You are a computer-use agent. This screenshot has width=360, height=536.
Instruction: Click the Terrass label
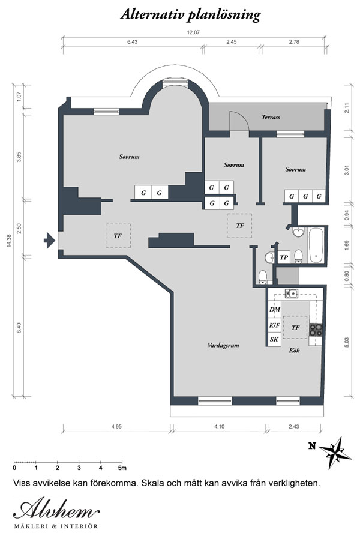271,117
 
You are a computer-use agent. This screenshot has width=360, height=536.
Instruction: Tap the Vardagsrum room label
223,345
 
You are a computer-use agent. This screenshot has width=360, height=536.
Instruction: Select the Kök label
294,351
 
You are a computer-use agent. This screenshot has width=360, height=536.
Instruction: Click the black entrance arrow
49,240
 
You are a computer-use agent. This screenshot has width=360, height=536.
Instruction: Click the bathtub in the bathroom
316,245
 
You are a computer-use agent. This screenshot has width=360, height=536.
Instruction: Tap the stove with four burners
316,330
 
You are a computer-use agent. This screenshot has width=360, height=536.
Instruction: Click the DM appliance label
275,309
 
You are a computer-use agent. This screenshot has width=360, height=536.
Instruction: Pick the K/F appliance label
274,325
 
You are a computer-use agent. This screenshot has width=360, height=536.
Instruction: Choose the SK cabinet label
274,340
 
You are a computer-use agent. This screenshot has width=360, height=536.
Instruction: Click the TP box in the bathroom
284,257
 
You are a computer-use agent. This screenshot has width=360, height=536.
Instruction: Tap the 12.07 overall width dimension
193,32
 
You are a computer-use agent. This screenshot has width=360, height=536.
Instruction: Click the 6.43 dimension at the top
132,42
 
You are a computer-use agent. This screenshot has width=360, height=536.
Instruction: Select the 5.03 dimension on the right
347,343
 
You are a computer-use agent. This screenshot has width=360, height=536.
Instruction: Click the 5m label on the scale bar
122,468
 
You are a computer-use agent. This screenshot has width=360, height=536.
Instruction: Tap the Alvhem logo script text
56,510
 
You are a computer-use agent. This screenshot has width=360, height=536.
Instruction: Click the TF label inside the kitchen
295,328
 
